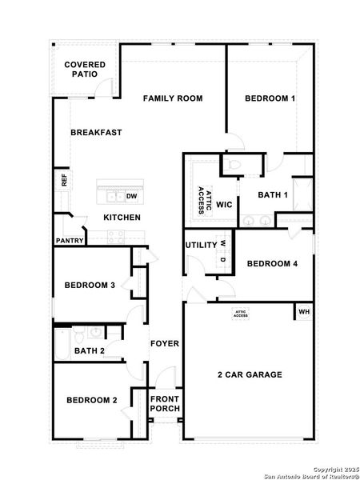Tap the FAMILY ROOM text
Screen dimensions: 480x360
173,98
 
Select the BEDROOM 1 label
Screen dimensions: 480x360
270,98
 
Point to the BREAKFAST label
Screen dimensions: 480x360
96,133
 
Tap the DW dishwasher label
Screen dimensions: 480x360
131,195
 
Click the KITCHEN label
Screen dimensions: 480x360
122,218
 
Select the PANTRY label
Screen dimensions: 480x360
70,240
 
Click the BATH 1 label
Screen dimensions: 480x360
273,194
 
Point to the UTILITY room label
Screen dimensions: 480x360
201,245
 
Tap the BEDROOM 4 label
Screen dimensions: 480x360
272,264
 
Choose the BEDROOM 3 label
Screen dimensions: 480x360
90,285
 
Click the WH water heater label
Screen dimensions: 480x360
303,311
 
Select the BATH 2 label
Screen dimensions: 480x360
90,351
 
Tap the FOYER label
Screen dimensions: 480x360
165,344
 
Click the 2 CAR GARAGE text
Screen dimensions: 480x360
250,374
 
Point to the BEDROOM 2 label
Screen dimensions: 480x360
92,400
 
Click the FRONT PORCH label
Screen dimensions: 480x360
166,404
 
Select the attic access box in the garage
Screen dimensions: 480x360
241,314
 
